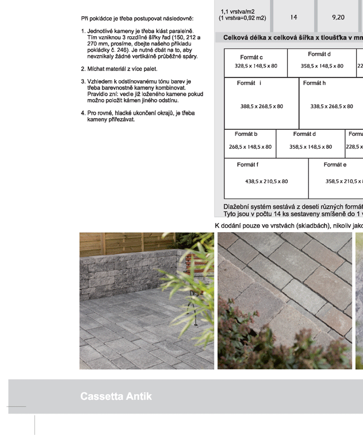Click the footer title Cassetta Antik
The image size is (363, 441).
click(x=116, y=396)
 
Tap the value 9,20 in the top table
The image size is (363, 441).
click(x=338, y=17)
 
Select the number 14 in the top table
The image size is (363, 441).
click(x=293, y=17)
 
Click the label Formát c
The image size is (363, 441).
click(x=252, y=57)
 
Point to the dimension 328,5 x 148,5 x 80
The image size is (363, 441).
click(x=256, y=66)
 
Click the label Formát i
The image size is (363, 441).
click(x=249, y=83)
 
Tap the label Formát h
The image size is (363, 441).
click(x=315, y=83)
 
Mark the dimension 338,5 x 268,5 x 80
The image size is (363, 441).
click(x=332, y=106)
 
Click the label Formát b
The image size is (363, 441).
click(x=246, y=134)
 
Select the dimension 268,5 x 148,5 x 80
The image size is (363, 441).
click(x=251, y=147)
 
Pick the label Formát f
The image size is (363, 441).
click(x=247, y=164)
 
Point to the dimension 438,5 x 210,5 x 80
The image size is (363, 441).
click(x=267, y=181)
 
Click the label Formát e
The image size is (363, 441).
click(x=335, y=164)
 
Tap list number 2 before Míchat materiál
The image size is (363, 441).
click(x=82, y=69)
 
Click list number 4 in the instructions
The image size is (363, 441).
click(x=82, y=113)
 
